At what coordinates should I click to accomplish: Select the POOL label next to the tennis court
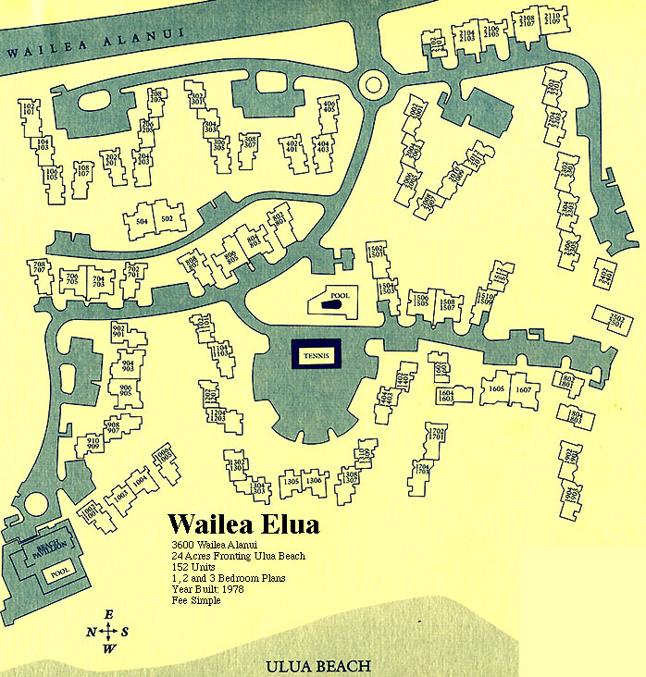[x=338, y=298]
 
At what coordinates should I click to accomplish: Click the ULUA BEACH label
[x=317, y=666]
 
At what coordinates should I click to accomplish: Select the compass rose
[x=108, y=632]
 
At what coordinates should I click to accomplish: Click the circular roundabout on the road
[x=374, y=84]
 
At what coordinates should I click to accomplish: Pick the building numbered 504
[x=142, y=221]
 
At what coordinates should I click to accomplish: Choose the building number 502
[x=167, y=218]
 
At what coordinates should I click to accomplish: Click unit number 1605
[x=496, y=389]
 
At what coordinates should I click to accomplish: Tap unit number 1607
[x=523, y=389]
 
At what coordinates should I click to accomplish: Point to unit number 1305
[x=291, y=480]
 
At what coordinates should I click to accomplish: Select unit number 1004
[x=141, y=481]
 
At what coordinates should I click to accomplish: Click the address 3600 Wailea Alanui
[x=211, y=545]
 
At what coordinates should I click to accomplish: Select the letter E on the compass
[x=108, y=615]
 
